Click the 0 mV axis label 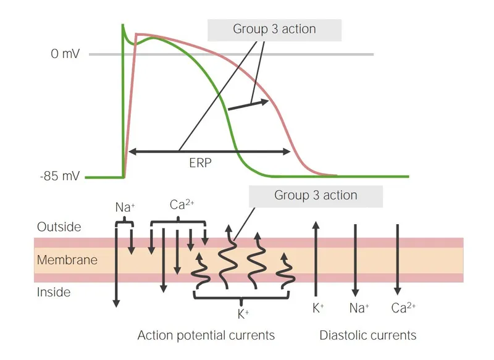click(x=64, y=54)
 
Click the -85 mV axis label click(x=59, y=177)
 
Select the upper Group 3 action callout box click(x=274, y=29)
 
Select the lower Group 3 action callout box click(x=316, y=196)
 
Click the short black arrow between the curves click(x=248, y=105)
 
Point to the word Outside click(x=59, y=227)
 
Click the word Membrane click(x=67, y=260)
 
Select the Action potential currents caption click(x=206, y=335)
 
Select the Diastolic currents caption click(x=367, y=335)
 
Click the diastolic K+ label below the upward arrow click(x=318, y=307)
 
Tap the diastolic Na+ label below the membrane click(x=359, y=307)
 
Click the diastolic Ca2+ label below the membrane click(x=402, y=307)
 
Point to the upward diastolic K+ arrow click(x=316, y=259)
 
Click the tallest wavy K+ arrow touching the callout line click(x=227, y=259)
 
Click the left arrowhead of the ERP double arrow click(x=131, y=151)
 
